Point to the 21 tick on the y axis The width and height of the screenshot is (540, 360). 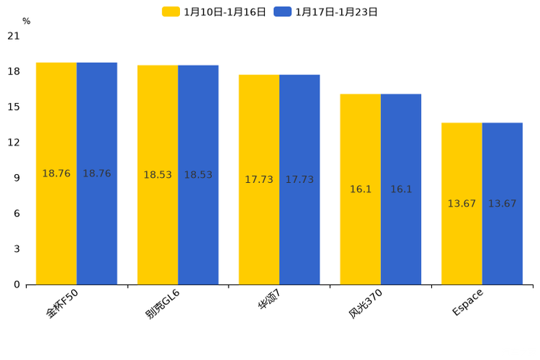click(14, 36)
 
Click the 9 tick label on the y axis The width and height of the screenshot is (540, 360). click(17, 178)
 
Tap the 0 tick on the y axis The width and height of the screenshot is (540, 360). click(17, 285)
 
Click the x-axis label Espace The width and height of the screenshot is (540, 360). click(467, 302)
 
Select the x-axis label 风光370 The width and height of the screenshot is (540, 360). click(365, 303)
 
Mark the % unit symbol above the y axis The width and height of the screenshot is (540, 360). click(26, 22)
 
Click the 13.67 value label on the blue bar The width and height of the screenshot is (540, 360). click(502, 204)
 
